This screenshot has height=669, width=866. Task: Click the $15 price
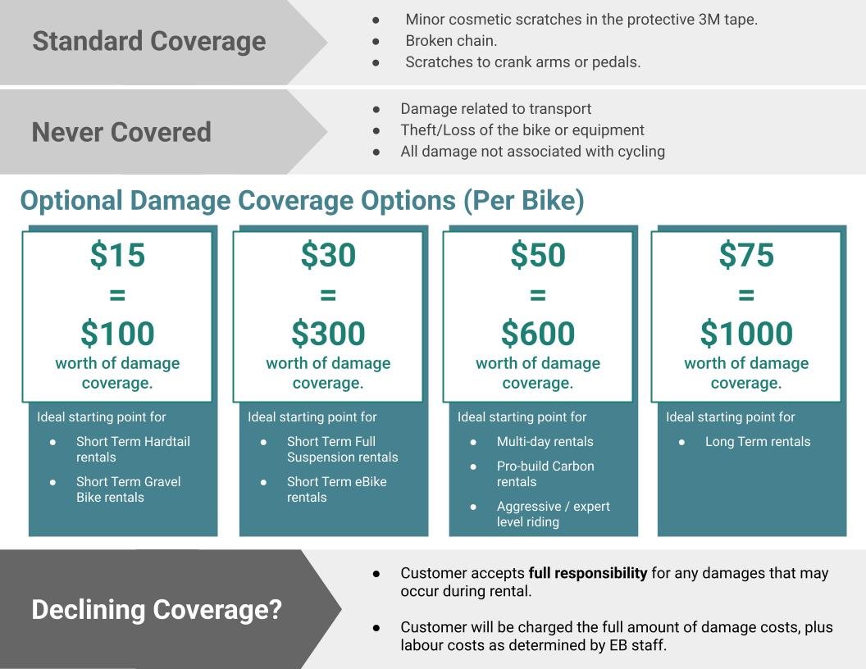[x=117, y=255]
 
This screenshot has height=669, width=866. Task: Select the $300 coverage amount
[x=328, y=334]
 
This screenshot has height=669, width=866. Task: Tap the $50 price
[x=538, y=255]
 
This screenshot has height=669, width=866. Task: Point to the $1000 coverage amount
[x=746, y=334]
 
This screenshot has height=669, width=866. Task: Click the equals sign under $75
[x=746, y=295]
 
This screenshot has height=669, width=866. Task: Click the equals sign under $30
[x=328, y=295]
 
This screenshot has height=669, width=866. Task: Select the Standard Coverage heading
[x=149, y=42]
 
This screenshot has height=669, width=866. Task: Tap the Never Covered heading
[x=121, y=133]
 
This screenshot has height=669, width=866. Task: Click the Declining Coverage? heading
[x=157, y=610]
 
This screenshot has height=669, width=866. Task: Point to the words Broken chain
[x=451, y=41]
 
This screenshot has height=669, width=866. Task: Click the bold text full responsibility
[x=588, y=574]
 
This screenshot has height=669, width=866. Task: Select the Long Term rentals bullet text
[x=758, y=442]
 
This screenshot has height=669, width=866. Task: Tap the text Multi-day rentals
[x=545, y=442]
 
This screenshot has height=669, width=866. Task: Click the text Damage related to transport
[x=496, y=109]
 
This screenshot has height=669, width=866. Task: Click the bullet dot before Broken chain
[x=376, y=41]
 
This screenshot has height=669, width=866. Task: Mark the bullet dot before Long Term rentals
[x=681, y=442]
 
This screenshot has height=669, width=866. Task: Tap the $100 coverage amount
[x=117, y=334]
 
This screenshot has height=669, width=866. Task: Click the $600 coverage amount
[x=538, y=334]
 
